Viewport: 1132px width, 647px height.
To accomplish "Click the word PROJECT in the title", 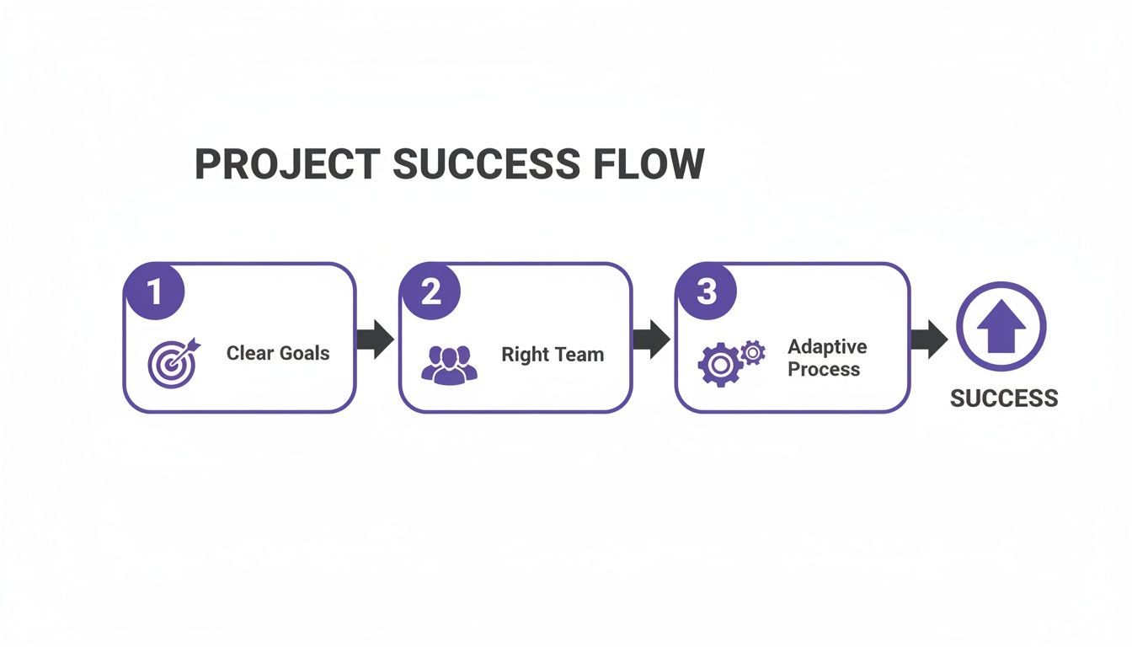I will point(286,164).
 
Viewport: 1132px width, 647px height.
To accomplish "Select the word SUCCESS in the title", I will point(486,164).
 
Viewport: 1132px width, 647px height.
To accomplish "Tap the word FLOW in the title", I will point(649,164).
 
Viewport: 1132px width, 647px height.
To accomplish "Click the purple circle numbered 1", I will point(154,291).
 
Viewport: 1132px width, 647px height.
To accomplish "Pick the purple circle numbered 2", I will point(430,291).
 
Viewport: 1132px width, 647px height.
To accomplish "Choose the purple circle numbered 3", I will point(706,291).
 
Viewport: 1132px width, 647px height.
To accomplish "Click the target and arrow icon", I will point(174,361).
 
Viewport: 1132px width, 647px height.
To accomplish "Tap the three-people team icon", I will point(449,364).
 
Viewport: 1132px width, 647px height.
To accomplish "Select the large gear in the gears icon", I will point(719,365).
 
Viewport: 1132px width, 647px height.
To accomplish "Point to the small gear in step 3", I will point(752,351).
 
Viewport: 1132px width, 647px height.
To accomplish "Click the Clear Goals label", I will point(278,353).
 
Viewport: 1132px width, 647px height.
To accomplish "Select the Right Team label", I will point(553,355).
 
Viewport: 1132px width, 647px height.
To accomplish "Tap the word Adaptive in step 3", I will point(827,347).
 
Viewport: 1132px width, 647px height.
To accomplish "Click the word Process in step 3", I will point(824,370).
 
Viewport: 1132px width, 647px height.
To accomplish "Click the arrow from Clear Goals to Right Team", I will point(375,338).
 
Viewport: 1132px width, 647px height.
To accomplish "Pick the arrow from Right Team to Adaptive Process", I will point(651,338).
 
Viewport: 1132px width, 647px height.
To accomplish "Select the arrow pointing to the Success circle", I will point(928,338).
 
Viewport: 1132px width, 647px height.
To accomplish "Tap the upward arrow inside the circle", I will point(1001,329).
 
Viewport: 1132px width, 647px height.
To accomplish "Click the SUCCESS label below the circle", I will point(1004,398).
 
